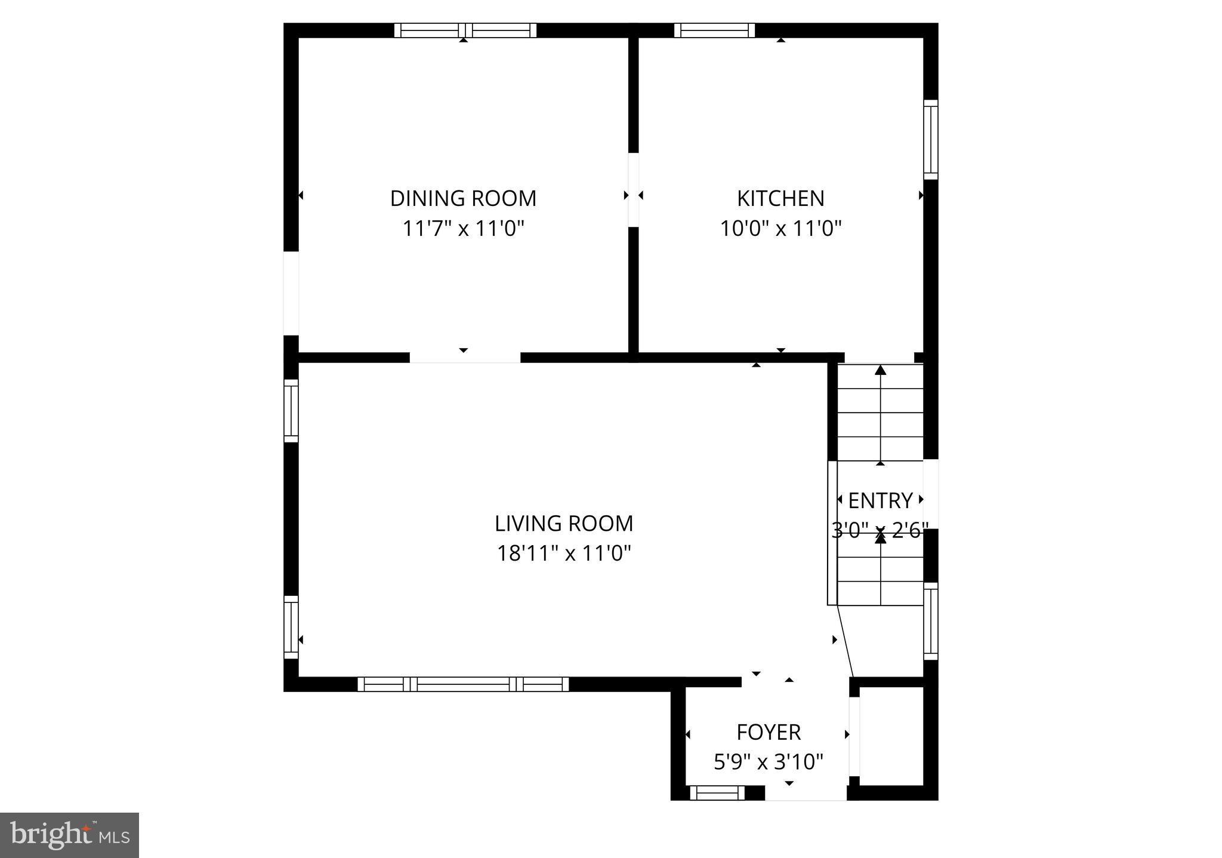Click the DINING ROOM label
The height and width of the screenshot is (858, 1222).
[x=463, y=198]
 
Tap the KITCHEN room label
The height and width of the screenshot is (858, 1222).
[x=780, y=198]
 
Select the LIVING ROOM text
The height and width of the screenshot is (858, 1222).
[x=564, y=524]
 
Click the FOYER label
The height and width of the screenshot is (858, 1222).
[x=769, y=732]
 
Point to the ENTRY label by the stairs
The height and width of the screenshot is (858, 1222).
[x=880, y=500]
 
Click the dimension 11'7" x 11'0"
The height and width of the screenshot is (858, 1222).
[x=463, y=229]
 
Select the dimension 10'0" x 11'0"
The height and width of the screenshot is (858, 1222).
[x=780, y=229]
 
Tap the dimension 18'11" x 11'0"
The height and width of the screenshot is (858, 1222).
[x=564, y=553]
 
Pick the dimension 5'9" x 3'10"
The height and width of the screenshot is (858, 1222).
[x=769, y=762]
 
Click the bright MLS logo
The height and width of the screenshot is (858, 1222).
[x=69, y=835]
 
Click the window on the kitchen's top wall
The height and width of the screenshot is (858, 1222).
[x=714, y=30]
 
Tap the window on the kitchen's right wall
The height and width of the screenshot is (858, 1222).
[x=930, y=139]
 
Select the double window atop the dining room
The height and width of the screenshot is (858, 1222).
[x=465, y=30]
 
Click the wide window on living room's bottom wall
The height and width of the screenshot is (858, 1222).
[x=463, y=684]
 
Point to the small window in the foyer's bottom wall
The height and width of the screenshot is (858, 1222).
[x=717, y=793]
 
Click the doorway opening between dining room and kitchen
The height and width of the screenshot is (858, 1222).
[x=633, y=190]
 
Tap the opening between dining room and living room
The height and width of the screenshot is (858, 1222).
[x=465, y=358]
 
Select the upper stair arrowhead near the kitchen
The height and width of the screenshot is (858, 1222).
[x=880, y=370]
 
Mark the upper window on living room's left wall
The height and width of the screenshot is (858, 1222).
[x=291, y=411]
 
